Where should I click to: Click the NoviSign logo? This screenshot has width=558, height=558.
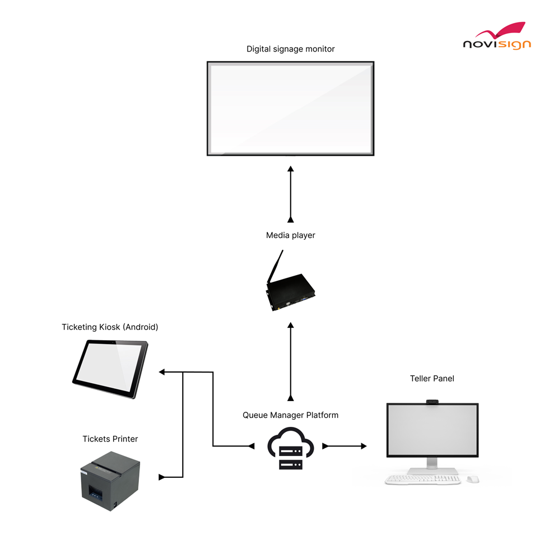pyautogui.click(x=496, y=37)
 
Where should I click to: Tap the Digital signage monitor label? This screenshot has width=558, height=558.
pyautogui.click(x=290, y=49)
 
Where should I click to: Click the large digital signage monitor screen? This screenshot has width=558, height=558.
pyautogui.click(x=290, y=108)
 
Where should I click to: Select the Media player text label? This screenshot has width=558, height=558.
pyautogui.click(x=290, y=235)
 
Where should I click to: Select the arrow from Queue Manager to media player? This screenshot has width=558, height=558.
pyautogui.click(x=290, y=361)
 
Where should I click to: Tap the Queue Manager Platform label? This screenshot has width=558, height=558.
pyautogui.click(x=290, y=415)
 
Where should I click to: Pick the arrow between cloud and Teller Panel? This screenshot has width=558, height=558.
pyautogui.click(x=345, y=446)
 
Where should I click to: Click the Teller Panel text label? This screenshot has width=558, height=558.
pyautogui.click(x=432, y=379)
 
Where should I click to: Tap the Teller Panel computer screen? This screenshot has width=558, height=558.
pyautogui.click(x=432, y=429)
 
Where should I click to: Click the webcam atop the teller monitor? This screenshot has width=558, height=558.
pyautogui.click(x=432, y=401)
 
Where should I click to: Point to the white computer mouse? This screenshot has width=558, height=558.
pyautogui.click(x=473, y=480)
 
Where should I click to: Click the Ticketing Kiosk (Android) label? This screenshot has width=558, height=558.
pyautogui.click(x=110, y=327)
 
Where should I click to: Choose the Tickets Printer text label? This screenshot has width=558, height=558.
pyautogui.click(x=110, y=439)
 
